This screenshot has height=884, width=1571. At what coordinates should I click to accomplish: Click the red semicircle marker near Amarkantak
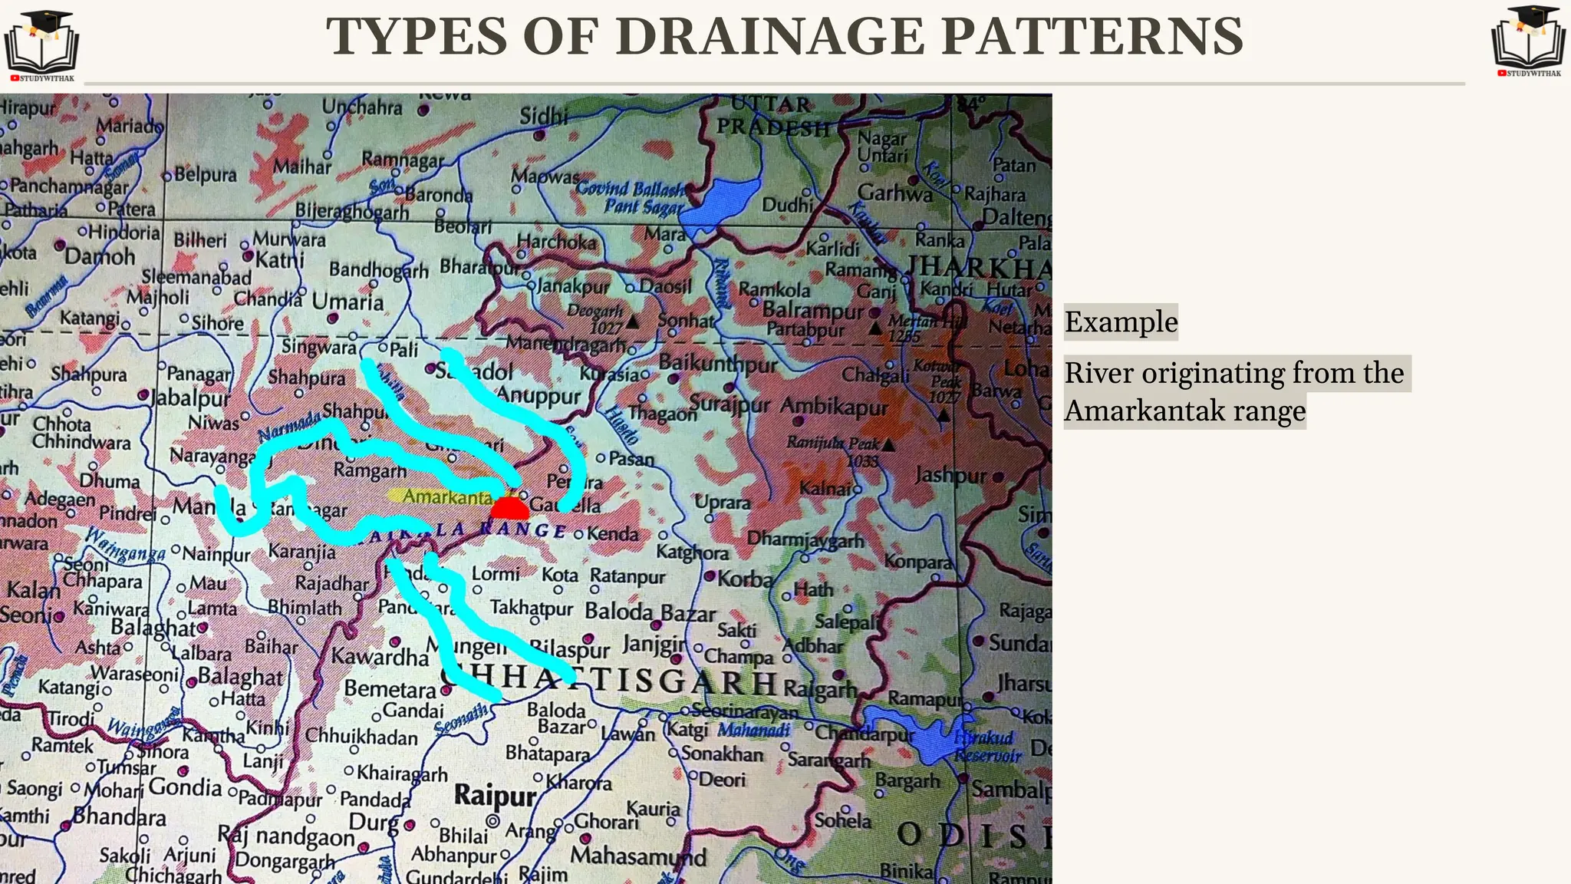coord(509,509)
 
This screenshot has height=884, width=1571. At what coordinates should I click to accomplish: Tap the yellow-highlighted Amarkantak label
coord(440,496)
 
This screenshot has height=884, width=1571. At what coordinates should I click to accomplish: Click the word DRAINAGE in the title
coord(770,36)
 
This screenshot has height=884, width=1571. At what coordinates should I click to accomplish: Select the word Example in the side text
coord(1121,322)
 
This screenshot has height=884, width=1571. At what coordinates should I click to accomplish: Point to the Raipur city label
coord(495,795)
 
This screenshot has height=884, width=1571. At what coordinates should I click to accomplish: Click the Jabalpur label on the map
coord(190,398)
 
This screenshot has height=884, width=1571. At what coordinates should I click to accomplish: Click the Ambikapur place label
coord(834,407)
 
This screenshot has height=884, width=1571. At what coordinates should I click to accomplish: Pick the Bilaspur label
coord(569,649)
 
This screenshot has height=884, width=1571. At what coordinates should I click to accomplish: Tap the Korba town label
coord(745,579)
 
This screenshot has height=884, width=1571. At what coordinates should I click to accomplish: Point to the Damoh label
coord(100,256)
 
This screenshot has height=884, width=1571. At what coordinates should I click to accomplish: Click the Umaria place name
coord(347,302)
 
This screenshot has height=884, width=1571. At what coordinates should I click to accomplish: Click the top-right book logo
coord(1529,40)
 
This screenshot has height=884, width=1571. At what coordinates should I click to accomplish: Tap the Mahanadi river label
coord(753,729)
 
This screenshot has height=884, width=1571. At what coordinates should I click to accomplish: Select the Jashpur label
coord(950,477)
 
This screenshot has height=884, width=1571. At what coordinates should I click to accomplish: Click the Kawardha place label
coord(380,657)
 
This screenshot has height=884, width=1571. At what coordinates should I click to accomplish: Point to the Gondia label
coord(185,787)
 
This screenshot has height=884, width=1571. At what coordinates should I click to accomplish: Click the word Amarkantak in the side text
coord(1144,411)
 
